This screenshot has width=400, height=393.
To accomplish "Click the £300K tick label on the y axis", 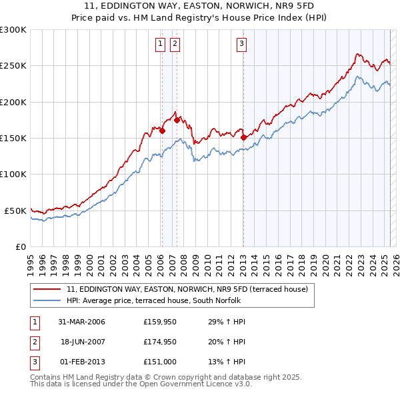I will (x=13, y=30).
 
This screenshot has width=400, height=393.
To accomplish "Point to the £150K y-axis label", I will (x=13, y=138).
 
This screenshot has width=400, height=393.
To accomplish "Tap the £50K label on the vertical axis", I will (x=15, y=210).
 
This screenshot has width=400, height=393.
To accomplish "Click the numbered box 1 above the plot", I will (x=161, y=45).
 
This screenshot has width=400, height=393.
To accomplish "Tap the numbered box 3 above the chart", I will (x=241, y=45).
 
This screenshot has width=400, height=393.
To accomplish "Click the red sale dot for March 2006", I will (x=162, y=131).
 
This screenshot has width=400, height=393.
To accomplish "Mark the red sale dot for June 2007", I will (x=177, y=120).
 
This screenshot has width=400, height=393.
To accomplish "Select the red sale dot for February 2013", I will (x=243, y=137).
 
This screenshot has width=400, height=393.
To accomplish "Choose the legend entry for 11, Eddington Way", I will (x=187, y=290).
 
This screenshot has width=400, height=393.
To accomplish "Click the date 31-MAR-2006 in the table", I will (x=81, y=322).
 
